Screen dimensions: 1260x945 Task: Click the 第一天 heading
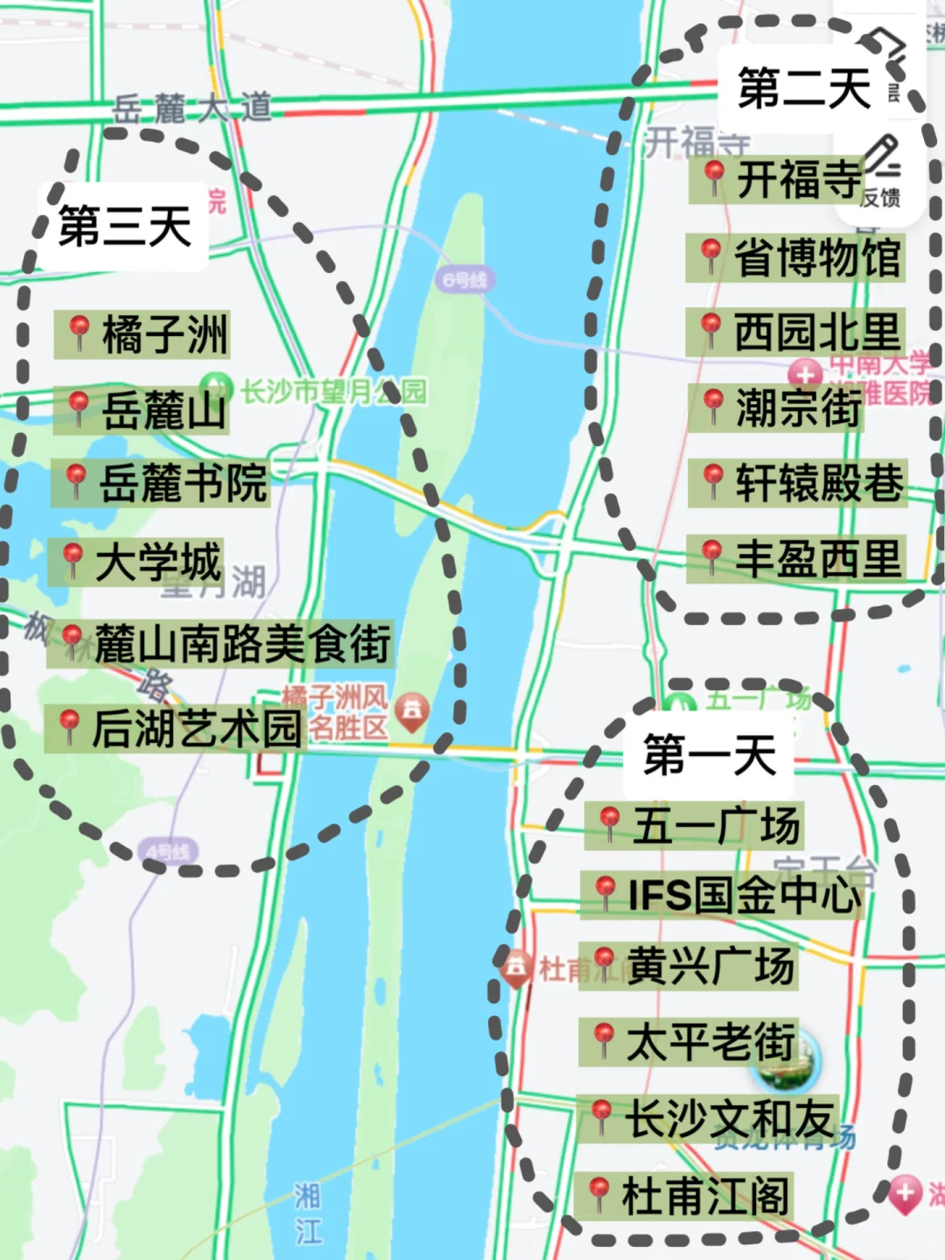click(710, 755)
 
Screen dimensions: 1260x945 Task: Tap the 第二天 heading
click(803, 88)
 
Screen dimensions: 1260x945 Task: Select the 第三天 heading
click(124, 227)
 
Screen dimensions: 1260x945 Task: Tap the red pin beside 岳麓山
click(79, 408)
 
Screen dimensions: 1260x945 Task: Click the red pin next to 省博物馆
click(710, 255)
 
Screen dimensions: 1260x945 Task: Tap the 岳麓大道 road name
click(192, 108)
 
